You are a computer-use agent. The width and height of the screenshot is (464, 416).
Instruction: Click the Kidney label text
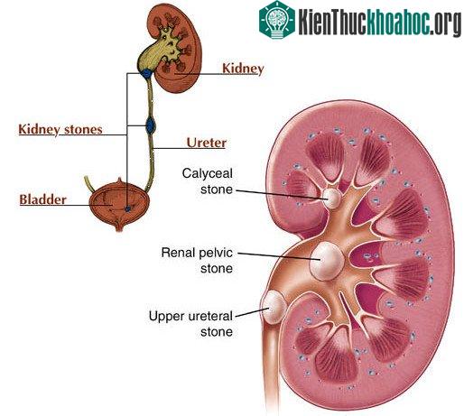[243, 69]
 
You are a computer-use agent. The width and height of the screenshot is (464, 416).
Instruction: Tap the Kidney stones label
[60, 130]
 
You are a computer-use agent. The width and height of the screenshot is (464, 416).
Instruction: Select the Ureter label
[207, 143]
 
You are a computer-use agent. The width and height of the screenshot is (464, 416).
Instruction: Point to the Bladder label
[42, 199]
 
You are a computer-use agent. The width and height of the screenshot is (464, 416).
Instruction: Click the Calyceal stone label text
[208, 181]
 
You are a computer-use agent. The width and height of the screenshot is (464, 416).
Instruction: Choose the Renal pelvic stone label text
[197, 260]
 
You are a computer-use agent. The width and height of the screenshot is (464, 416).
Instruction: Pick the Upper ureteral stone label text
[190, 324]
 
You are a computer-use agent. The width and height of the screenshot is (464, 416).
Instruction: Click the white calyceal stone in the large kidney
[331, 198]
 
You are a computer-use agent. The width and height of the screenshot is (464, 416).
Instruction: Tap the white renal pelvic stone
[327, 262]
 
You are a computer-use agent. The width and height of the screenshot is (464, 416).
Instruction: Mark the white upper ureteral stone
[274, 307]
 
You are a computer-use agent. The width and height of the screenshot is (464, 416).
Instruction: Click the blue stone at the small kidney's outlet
[147, 73]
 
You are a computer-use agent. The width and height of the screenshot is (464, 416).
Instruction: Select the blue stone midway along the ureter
[150, 125]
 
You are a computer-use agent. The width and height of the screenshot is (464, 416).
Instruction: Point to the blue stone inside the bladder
[128, 208]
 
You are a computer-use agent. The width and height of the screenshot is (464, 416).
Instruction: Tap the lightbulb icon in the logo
[277, 20]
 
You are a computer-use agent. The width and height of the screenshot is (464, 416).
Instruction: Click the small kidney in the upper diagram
[170, 48]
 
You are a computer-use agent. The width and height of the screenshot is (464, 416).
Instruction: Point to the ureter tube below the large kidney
[272, 364]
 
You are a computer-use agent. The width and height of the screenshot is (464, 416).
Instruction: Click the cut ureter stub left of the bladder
[89, 183]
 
